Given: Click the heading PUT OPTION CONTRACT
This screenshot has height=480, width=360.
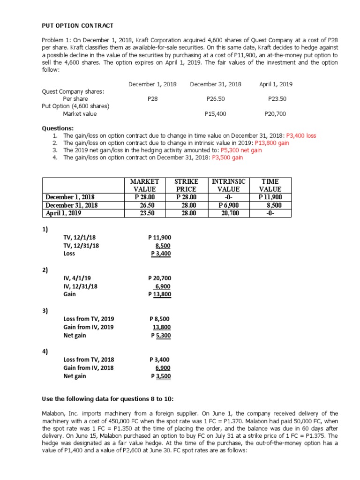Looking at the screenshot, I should click(x=78, y=25).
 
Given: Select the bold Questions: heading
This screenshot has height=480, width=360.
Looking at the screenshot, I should click(x=58, y=128).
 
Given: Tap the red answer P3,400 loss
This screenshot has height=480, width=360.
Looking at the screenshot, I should click(x=301, y=135).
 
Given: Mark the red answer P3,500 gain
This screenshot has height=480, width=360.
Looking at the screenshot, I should click(x=227, y=157).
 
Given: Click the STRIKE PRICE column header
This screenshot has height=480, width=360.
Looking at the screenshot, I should click(x=186, y=185).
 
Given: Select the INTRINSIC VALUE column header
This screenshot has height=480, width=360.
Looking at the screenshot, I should click(x=229, y=185).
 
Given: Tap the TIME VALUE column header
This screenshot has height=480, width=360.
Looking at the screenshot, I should click(x=270, y=185).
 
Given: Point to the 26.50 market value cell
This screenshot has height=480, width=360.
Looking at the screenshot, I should click(x=145, y=205).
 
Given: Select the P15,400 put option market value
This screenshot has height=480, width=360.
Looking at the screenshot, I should click(x=216, y=113).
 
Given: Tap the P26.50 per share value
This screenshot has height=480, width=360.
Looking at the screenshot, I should click(x=216, y=99).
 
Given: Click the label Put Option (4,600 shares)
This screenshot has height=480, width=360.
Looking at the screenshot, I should click(x=75, y=106).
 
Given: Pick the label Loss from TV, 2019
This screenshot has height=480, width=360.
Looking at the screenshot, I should click(x=89, y=319).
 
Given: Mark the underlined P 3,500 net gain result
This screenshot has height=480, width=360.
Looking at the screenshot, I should click(x=161, y=376).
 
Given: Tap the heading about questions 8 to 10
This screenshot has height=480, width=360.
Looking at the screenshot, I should click(x=108, y=398).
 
